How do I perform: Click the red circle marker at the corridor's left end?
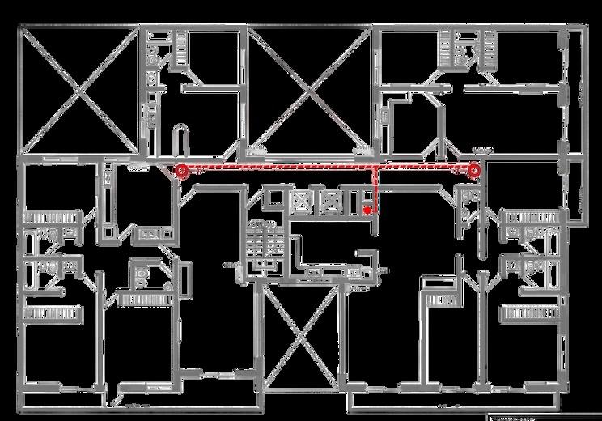tap(181, 170)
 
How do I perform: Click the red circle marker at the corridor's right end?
tap(475, 170)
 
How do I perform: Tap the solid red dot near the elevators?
tap(367, 210)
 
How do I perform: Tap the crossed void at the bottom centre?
tap(301, 336)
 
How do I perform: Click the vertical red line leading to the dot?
tap(375, 190)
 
